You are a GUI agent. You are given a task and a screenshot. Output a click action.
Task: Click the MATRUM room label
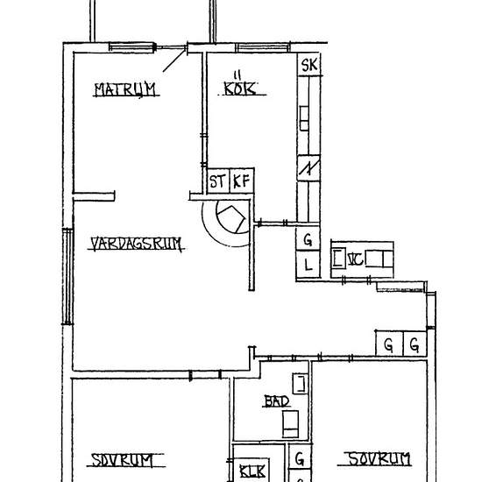click(125, 89)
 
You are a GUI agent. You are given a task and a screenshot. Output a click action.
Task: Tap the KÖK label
click(240, 89)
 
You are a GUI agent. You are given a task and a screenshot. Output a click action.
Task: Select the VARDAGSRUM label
click(136, 245)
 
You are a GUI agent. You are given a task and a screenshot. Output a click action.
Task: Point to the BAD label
click(277, 401)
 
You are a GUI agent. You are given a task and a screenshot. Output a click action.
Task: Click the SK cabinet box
click(309, 65)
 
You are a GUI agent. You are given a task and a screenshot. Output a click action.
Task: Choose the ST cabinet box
click(218, 181)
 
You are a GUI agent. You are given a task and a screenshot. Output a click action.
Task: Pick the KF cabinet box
click(242, 181)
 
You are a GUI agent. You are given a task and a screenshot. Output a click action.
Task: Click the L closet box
click(308, 265)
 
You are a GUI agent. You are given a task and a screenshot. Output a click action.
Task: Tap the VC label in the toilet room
click(355, 259)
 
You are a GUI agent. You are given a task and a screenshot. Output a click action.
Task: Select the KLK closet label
click(252, 471)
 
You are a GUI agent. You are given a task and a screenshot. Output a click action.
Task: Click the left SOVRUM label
click(123, 460)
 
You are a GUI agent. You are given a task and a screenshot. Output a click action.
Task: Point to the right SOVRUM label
click(379, 459)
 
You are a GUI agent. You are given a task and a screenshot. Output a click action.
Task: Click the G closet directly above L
click(308, 239)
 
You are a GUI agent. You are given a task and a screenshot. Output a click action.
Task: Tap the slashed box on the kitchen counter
click(308, 168)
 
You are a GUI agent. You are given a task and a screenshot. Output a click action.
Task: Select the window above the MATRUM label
click(131, 47)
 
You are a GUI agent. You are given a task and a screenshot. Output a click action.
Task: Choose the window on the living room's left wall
click(67, 276)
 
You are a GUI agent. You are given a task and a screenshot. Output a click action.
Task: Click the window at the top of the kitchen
click(263, 47)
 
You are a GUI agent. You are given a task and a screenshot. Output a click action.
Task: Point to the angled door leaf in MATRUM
click(174, 60)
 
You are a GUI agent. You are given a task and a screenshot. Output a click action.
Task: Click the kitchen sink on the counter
click(304, 118)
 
